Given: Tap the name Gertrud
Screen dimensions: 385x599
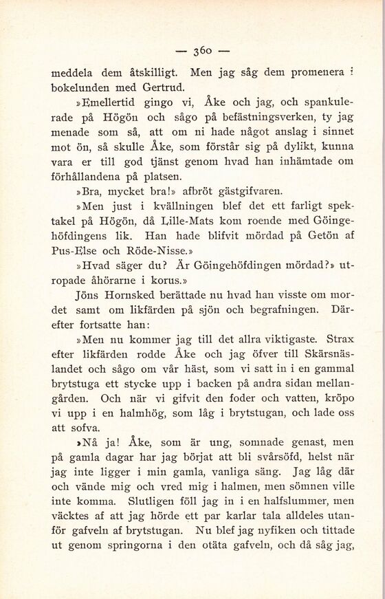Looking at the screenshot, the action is [x=161, y=86].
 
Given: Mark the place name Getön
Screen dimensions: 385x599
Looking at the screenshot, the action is [x=303, y=238].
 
